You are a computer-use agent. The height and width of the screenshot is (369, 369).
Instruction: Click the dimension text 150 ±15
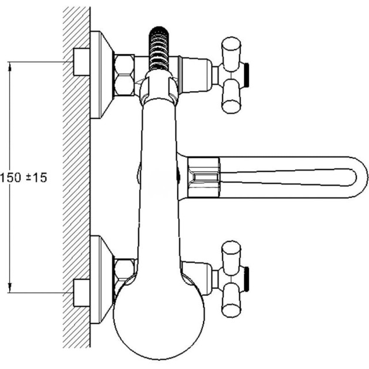tap(24, 178)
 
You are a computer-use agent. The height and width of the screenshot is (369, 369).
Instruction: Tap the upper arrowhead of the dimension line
tap(10, 66)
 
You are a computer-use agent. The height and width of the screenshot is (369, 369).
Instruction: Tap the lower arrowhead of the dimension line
tap(10, 288)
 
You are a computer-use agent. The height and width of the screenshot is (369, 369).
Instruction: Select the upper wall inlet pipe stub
tap(81, 62)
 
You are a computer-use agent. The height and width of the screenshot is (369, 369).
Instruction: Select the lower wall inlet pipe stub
tap(81, 293)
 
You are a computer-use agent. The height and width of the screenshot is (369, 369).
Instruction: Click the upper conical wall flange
tap(101, 74)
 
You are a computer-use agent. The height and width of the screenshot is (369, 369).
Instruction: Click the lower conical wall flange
tap(101, 280)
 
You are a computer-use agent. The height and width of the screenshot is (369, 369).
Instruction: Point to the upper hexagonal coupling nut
tap(124, 75)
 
